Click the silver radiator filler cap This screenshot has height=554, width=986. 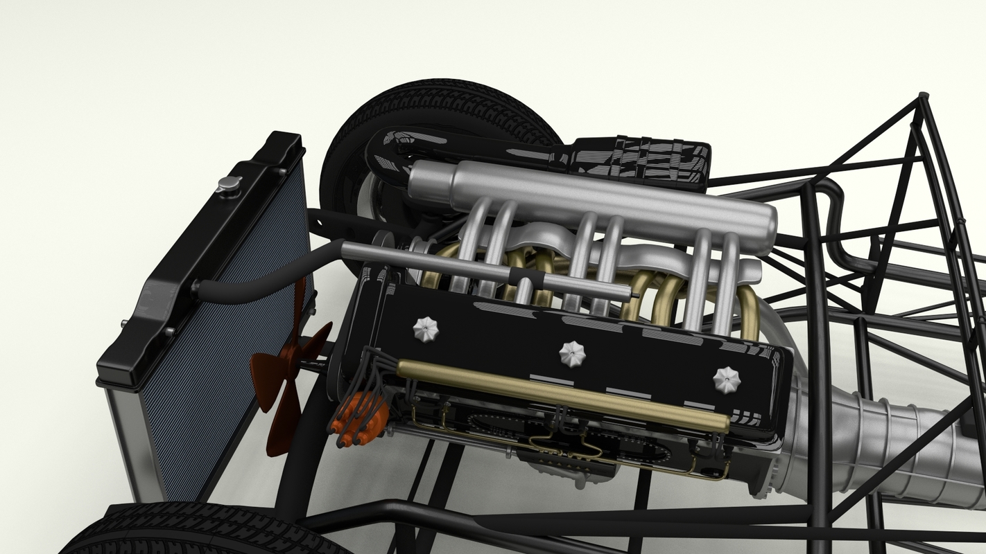click(228, 184)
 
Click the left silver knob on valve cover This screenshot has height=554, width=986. click(426, 329)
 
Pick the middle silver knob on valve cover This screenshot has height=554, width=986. click(572, 354)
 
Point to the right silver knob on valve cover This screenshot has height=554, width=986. click(726, 379)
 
